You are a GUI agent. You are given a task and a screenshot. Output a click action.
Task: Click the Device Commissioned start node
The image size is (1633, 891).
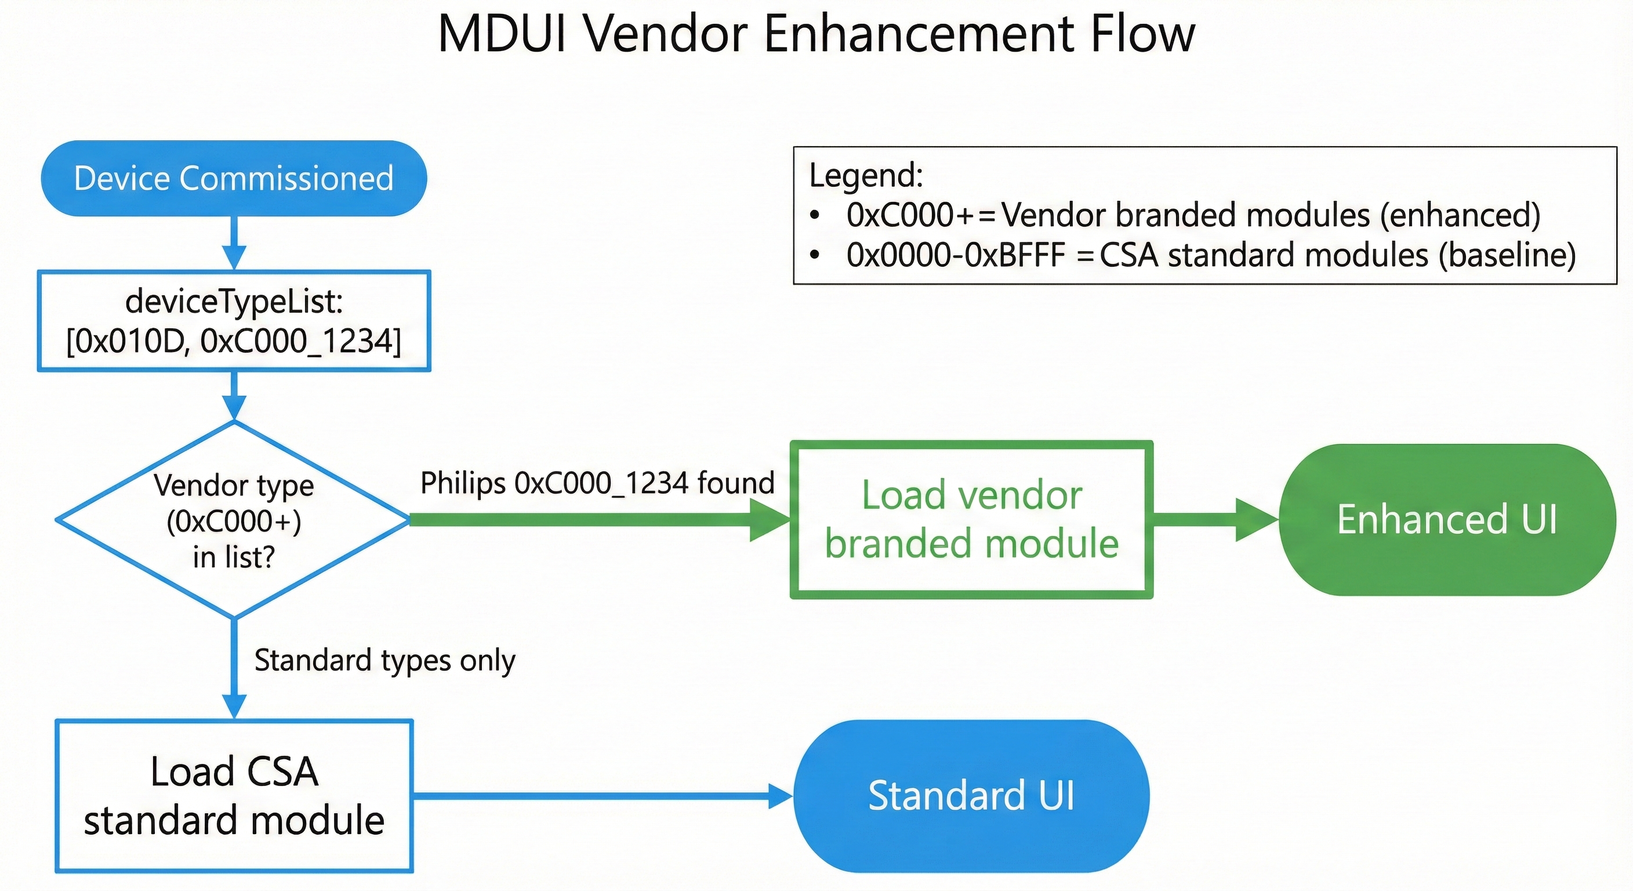234,178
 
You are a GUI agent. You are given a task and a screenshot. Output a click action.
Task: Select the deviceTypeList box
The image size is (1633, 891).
234,321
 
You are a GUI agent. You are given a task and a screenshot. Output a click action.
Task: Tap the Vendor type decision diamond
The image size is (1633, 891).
234,520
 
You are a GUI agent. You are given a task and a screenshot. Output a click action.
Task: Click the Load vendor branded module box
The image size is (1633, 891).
971,519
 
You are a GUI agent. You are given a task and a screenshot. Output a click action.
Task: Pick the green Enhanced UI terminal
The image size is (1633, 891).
1447,519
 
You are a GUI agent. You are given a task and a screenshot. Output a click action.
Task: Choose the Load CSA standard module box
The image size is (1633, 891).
234,796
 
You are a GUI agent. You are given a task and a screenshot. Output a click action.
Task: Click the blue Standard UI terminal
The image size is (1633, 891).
971,796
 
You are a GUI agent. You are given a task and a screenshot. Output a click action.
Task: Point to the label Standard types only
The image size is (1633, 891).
385,661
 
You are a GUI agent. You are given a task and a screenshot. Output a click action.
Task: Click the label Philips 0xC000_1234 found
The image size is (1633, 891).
597,483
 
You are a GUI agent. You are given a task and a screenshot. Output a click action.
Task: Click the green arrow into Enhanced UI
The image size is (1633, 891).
1214,520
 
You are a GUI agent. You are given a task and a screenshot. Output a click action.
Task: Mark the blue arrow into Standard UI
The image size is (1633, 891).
603,796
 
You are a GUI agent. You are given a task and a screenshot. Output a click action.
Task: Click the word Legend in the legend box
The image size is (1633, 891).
865,175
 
